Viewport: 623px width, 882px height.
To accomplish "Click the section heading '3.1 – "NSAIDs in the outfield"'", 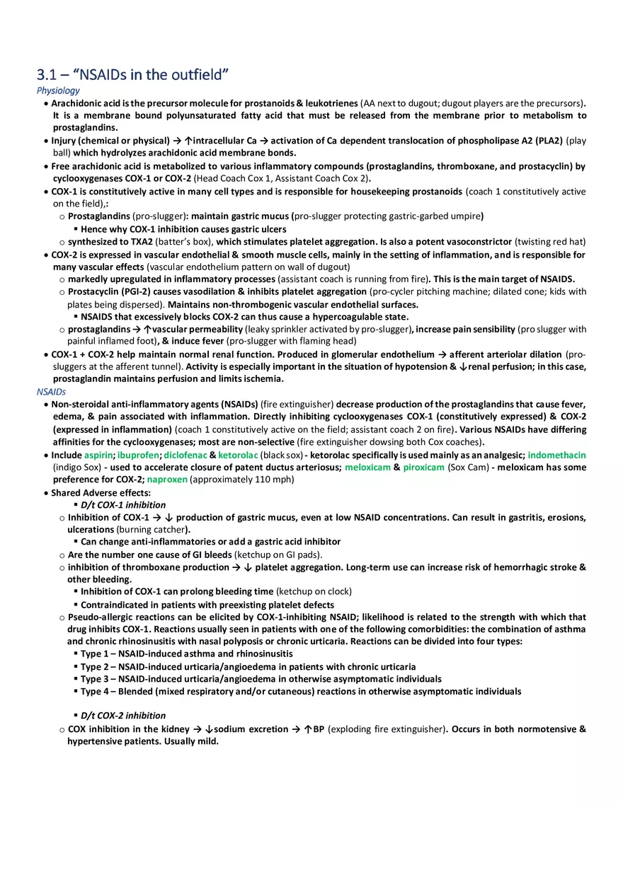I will click(133, 74).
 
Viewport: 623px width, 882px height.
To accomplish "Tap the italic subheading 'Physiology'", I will click(58, 91).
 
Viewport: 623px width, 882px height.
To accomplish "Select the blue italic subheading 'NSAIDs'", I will click(51, 391).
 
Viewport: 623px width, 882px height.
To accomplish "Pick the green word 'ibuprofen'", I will click(139, 455).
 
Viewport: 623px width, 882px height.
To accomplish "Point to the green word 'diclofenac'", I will click(185, 455).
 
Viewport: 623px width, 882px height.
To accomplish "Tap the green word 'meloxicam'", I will click(367, 468).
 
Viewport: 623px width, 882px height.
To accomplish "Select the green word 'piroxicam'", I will click(424, 468).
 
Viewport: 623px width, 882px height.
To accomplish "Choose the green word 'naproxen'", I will click(167, 480).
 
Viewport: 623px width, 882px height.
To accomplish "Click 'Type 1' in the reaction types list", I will click(96, 654).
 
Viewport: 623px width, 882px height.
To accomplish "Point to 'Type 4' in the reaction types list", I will click(96, 691).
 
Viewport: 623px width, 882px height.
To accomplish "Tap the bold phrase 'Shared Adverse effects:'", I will click(101, 492).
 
